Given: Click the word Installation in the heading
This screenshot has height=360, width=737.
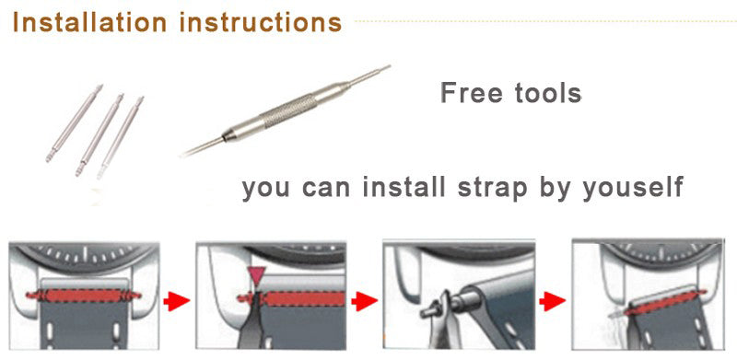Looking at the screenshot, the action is pos(89,22).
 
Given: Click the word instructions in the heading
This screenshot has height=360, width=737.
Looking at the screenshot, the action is pos(261,22).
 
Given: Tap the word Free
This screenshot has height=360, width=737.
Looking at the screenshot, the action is pos(472,93).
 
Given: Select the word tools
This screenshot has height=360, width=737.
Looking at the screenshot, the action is pos(548,93).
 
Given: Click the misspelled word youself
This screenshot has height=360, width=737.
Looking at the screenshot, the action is pos(633,187).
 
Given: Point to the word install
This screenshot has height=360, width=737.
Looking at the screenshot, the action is pos(404,187).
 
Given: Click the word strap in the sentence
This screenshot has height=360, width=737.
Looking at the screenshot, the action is pos(493,189).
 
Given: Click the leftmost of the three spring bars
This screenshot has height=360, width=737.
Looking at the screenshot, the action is pos(74,123).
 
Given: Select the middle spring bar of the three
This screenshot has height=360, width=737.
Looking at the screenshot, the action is pos(99,134).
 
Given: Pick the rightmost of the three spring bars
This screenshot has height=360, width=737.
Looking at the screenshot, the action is pos(121,137).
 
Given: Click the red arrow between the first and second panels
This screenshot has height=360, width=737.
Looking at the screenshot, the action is pos(177,301).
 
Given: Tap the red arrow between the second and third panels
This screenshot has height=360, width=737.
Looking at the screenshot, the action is pos(364,301).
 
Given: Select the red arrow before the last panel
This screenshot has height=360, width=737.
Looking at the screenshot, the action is pos(552,301).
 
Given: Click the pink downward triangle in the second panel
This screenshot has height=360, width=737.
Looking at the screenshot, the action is pos(257,275).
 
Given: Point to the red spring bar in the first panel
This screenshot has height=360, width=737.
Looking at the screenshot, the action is pos(83,296).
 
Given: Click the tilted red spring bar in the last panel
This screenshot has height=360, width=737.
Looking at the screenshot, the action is pos(665,303).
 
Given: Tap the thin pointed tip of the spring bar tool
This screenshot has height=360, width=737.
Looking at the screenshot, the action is pos(371,74).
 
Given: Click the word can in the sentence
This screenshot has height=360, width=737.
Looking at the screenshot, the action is pos(326,188).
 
